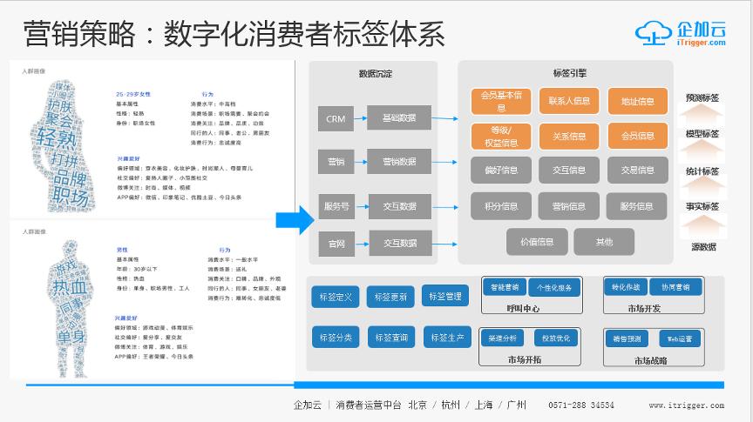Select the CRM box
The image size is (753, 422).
[x=336, y=119]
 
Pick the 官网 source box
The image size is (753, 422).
[x=336, y=244]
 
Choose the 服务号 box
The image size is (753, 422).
[x=336, y=206]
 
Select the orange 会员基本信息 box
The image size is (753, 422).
[x=500, y=102]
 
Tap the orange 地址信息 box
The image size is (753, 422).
[x=637, y=102]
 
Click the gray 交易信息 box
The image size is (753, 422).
[x=637, y=171]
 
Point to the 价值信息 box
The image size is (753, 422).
[x=536, y=241]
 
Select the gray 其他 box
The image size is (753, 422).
[x=604, y=241]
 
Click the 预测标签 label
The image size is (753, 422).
[x=702, y=97]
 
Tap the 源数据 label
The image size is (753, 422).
[x=702, y=246]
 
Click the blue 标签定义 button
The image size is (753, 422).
[x=335, y=298]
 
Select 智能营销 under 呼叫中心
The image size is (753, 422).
[x=504, y=286]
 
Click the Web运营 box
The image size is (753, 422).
[x=680, y=338]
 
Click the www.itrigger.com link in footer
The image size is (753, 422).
[x=686, y=405]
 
